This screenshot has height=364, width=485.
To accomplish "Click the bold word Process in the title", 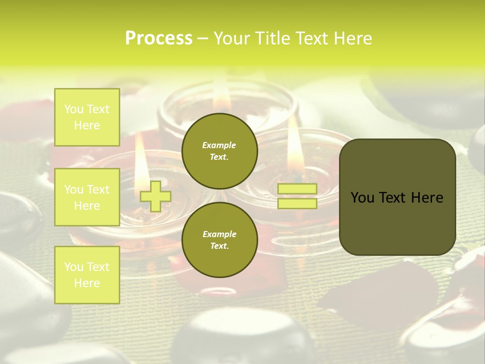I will (x=159, y=38).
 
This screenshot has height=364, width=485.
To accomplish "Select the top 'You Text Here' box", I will (x=87, y=117).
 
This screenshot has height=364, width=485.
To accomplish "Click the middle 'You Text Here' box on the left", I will (x=87, y=197).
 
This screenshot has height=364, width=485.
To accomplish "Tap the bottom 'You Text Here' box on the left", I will (x=87, y=275).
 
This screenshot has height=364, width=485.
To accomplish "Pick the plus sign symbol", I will (x=155, y=196).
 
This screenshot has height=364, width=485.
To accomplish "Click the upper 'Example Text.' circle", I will (x=219, y=151).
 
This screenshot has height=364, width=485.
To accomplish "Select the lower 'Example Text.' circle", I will (x=219, y=240).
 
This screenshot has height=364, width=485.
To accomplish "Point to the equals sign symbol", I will (x=298, y=196).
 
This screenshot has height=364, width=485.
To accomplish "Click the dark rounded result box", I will (x=397, y=197).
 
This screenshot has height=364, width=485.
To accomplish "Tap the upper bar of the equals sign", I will (x=298, y=189).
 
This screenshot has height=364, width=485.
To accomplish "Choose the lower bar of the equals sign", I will (x=298, y=204).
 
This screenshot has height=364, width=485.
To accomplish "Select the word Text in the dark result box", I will (x=396, y=198).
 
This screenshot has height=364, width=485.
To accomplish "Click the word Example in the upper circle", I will (x=219, y=145).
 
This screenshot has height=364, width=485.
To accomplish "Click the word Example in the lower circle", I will (x=219, y=234).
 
